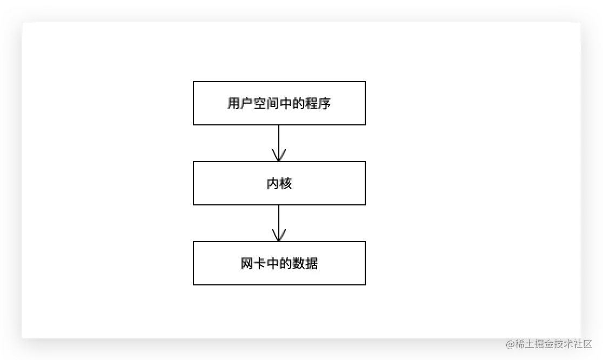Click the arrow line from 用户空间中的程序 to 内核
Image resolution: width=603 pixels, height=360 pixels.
(279, 138)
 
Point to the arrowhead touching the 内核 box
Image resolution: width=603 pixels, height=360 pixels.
(279, 156)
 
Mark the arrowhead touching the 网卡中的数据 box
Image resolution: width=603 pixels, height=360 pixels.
(279, 236)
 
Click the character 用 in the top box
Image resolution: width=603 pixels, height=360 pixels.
(233, 104)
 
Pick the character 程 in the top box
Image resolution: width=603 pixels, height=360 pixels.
(312, 104)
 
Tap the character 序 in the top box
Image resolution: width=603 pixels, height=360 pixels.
(325, 104)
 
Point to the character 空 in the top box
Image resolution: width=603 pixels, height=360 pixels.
(259, 104)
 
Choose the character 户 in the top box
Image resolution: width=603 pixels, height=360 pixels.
(246, 104)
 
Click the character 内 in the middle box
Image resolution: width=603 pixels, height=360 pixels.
(273, 184)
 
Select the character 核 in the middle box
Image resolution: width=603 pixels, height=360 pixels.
(286, 184)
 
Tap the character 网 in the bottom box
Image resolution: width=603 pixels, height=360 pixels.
(247, 264)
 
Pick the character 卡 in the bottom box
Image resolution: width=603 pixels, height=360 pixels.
(260, 264)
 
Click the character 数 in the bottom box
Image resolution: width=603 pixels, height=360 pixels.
(299, 264)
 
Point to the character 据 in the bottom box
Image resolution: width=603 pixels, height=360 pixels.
(312, 264)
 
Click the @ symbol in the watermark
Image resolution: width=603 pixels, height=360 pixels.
(510, 344)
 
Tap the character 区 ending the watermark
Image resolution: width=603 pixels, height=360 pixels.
(588, 344)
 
